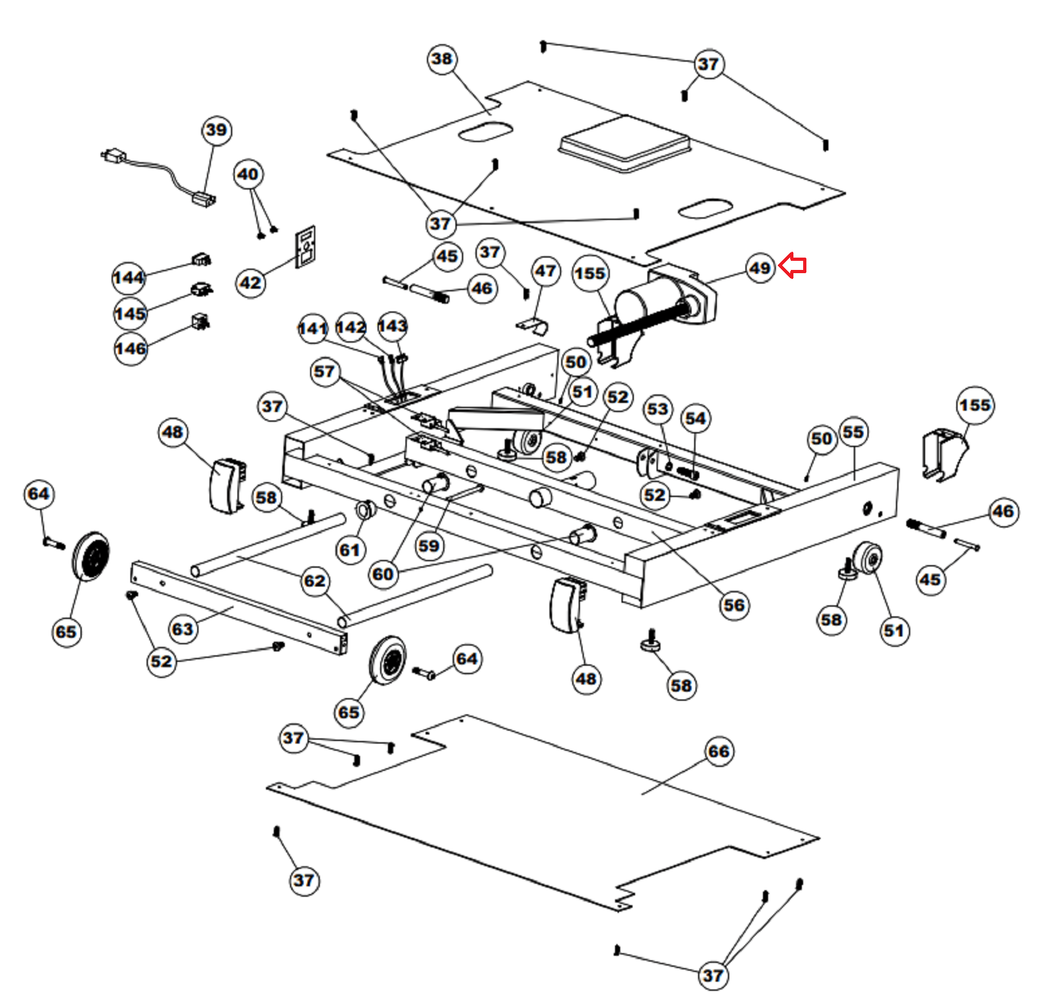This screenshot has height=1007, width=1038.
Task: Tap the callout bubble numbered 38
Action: pos(442,59)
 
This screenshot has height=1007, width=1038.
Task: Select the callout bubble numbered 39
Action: pos(217,130)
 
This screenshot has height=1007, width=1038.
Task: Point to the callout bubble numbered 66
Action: pos(719,751)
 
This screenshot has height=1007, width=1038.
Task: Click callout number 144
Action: pos(128,278)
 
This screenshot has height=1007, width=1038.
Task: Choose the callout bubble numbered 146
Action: pos(130,348)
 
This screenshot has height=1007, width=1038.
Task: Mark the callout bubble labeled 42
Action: pos(250,283)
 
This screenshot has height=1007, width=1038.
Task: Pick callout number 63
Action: pos(182,629)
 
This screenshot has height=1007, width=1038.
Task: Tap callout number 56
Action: pos(734,605)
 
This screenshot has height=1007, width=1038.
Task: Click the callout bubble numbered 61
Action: pos(350,550)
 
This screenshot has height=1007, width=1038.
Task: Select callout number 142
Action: pos(351,327)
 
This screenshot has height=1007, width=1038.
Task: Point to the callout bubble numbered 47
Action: pos(546,271)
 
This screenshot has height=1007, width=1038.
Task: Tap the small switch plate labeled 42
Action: pos(306,247)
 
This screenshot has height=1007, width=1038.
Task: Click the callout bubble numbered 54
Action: pos(695,419)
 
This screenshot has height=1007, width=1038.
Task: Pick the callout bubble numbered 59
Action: pos(429,546)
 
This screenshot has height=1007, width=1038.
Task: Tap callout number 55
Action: pos(853,432)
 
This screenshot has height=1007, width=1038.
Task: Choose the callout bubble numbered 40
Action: pos(248,175)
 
